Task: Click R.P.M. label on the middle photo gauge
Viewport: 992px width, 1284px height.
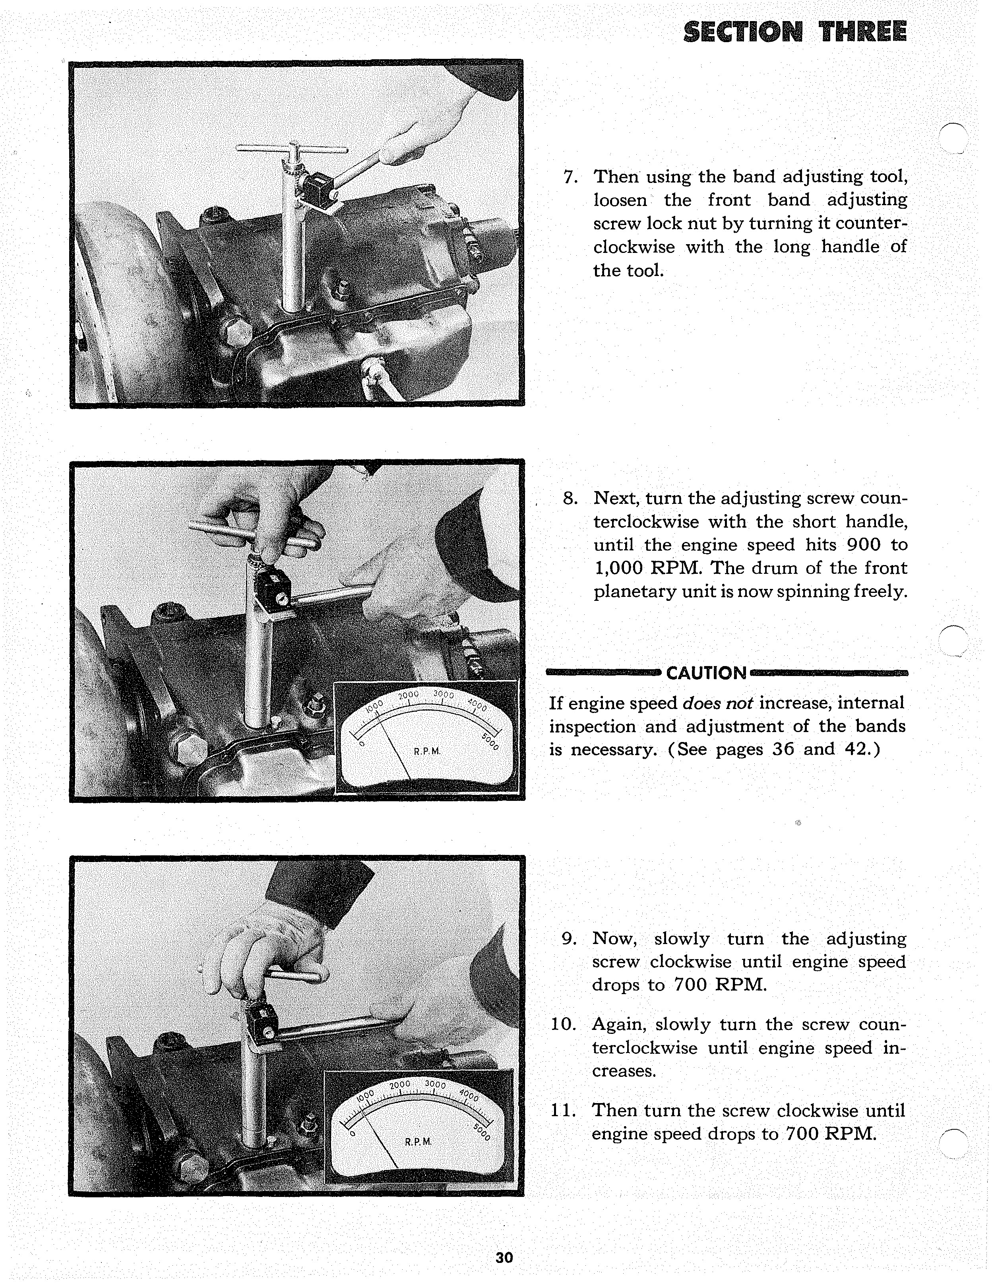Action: pos(427,752)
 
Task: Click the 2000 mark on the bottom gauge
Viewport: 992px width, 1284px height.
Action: pos(399,1084)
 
